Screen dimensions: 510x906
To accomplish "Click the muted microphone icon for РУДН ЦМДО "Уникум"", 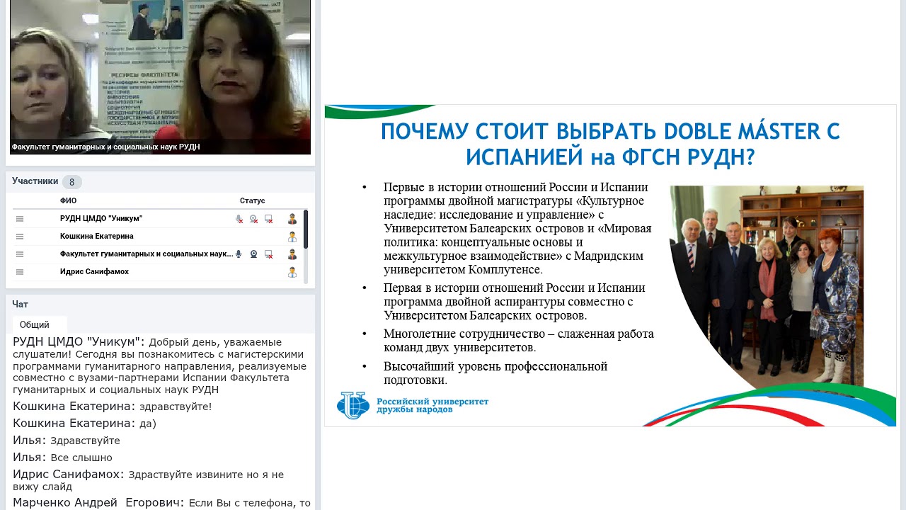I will (x=239, y=220).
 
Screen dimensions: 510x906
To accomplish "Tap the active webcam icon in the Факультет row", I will (x=253, y=254).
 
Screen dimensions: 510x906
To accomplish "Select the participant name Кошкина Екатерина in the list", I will (x=97, y=237).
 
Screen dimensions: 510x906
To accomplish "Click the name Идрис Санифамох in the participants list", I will (x=94, y=272).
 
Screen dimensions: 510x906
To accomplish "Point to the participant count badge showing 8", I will (x=71, y=182).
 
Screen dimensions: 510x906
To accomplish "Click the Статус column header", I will (x=252, y=201).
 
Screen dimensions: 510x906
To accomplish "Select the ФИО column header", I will (x=68, y=201).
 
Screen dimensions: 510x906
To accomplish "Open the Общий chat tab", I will (x=35, y=325).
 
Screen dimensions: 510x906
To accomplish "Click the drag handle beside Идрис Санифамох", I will (x=20, y=272).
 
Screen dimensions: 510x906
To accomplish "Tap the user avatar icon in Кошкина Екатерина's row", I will (x=292, y=237).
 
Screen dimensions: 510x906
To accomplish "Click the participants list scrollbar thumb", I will (x=306, y=228).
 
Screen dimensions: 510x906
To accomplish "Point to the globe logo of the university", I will (x=352, y=405).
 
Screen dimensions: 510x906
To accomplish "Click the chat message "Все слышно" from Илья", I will (x=81, y=458).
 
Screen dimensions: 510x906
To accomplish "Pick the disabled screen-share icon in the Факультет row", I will (x=268, y=254).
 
